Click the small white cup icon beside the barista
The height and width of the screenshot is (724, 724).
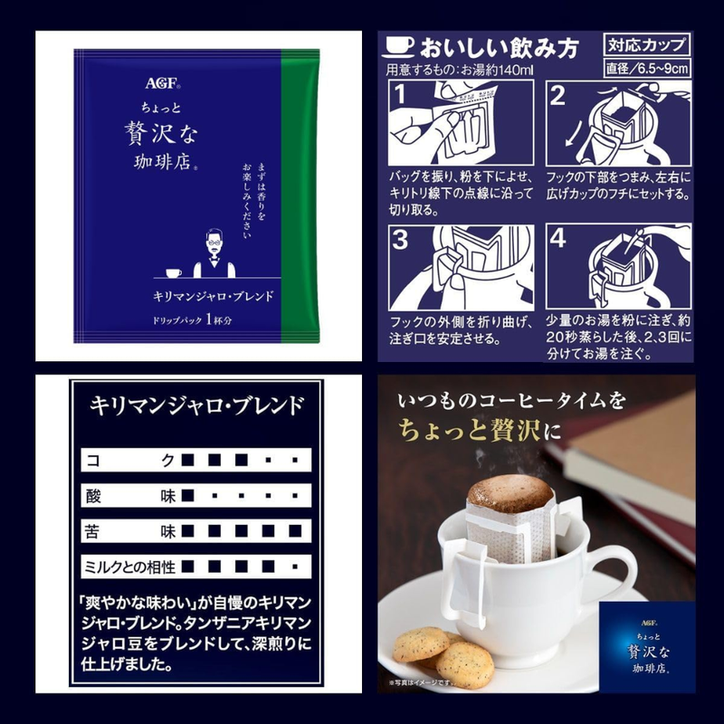point(173,271)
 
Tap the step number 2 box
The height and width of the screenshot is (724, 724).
point(557,93)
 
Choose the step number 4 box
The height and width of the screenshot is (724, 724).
point(557,239)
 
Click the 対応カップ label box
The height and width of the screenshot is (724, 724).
point(647,44)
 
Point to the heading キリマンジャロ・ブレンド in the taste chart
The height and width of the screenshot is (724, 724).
point(195,405)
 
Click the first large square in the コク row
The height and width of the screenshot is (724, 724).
point(187,460)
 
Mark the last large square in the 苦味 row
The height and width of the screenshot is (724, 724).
point(295,530)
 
